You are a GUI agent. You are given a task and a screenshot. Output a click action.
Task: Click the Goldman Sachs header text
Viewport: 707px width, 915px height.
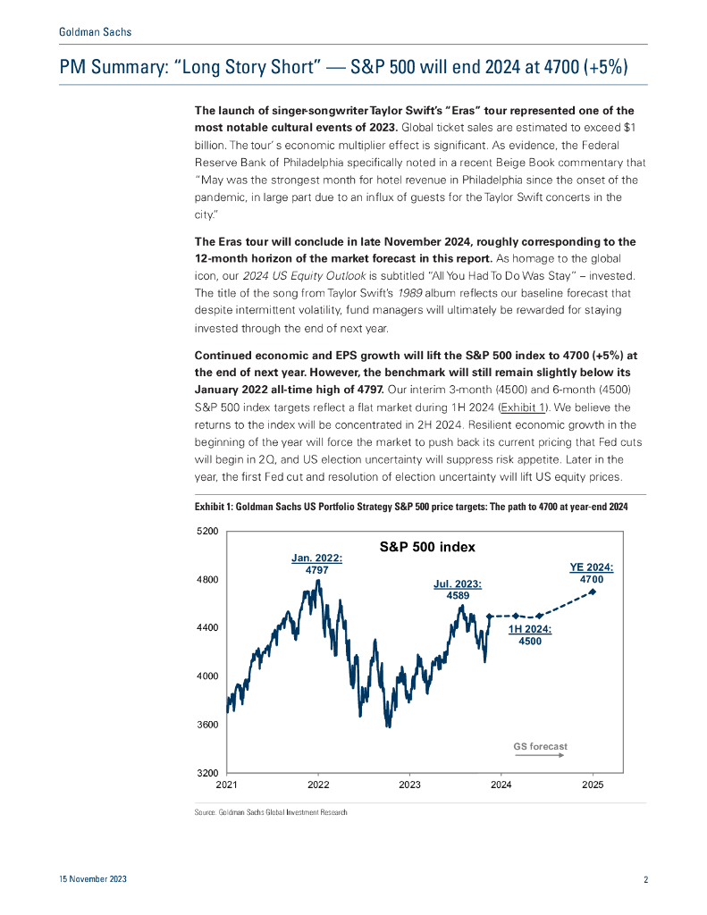[95, 32]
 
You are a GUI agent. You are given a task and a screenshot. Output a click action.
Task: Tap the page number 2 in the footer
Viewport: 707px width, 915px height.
[645, 880]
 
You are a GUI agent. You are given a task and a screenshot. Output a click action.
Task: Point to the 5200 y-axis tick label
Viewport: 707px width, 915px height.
[207, 532]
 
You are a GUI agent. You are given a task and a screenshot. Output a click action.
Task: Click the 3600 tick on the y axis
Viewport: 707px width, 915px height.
[207, 725]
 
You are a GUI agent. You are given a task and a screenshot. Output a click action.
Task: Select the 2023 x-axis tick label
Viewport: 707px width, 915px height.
[409, 785]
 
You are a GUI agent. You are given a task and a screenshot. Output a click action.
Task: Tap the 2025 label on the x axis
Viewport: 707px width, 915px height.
[593, 785]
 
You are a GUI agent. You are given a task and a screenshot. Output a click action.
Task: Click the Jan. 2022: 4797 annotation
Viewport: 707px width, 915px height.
[317, 564]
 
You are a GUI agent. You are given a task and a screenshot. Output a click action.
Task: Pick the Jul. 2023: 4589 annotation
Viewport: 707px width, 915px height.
[459, 590]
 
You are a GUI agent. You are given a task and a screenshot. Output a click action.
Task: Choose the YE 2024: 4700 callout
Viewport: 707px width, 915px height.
[591, 574]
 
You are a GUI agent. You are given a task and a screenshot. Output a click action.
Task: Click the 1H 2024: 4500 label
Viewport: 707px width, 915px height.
[530, 635]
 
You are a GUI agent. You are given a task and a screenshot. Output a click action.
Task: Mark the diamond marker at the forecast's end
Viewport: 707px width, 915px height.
[593, 616]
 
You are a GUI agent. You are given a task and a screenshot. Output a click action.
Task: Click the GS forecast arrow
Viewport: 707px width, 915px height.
[540, 756]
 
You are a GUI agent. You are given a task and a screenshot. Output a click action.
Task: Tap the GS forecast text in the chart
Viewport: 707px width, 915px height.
[540, 746]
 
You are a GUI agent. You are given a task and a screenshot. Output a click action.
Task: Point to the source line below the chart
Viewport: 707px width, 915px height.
[270, 812]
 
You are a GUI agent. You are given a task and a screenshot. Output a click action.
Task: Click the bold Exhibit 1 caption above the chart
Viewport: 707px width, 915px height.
[411, 508]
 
